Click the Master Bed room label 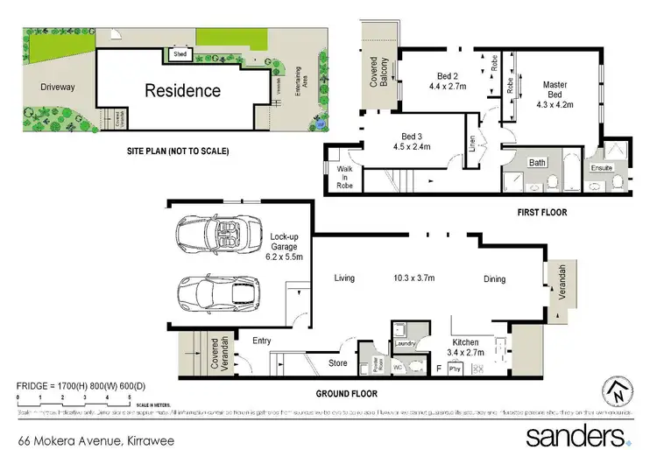[x=554, y=94]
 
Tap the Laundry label [x=404, y=343]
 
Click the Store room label [x=338, y=362]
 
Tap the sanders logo [x=576, y=434]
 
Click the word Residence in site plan [x=182, y=90]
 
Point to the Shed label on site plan [x=181, y=54]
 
